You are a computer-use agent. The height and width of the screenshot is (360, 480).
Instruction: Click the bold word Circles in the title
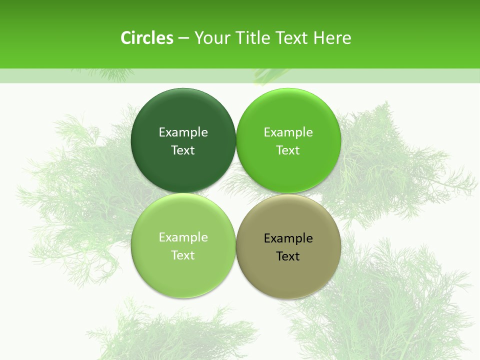click(147, 38)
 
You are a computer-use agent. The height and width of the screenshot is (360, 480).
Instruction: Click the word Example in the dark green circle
click(183, 132)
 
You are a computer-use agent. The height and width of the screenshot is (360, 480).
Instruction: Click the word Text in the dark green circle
click(183, 150)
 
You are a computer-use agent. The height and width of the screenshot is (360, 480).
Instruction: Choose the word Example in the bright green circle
click(288, 132)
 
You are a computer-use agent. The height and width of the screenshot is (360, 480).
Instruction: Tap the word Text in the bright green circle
click(288, 150)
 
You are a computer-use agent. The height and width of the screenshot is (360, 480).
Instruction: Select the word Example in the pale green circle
click(183, 237)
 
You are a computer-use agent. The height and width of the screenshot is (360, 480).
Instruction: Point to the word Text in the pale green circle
click(183, 255)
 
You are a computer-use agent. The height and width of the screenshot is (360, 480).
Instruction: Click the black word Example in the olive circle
click(288, 238)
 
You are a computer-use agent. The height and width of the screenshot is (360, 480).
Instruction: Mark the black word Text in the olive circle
click(288, 256)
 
